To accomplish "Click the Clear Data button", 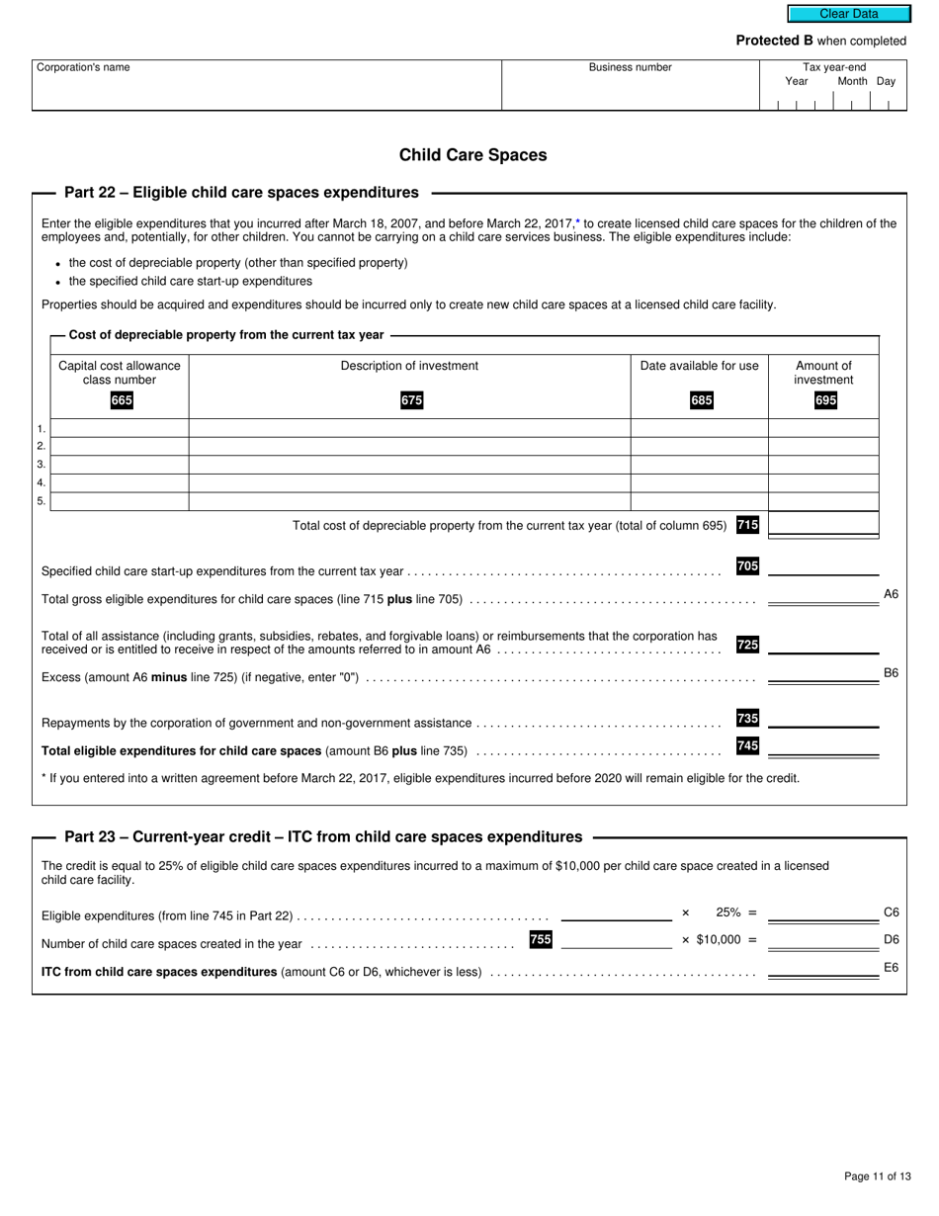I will (848, 14).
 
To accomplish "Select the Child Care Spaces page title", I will (472, 155).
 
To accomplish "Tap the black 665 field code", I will (122, 400).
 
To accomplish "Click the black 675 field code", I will (411, 400).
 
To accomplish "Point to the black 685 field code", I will (701, 400).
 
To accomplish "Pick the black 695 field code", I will (824, 400).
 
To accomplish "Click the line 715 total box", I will (822, 524).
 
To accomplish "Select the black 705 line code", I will (747, 566).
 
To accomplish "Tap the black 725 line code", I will (747, 645).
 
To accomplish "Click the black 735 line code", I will (747, 719).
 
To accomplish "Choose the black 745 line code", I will (747, 746).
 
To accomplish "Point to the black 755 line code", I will (541, 939).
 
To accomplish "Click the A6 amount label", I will (891, 594).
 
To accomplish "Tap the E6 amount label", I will (891, 968).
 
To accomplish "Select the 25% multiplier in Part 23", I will (728, 912).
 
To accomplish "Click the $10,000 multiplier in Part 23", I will (719, 939).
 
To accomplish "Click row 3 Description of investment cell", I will (409, 465).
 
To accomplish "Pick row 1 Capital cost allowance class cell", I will (120, 428).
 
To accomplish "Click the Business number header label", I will (630, 67).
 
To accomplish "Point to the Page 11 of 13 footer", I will (877, 1176).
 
